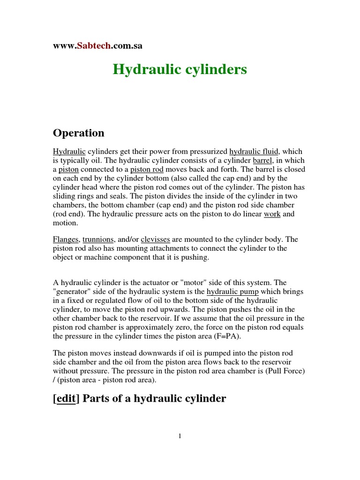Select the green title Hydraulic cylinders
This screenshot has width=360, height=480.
[x=180, y=70]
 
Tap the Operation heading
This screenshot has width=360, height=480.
[x=79, y=133]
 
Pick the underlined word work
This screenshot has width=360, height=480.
[x=272, y=214]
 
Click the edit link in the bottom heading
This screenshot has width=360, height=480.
[x=66, y=399]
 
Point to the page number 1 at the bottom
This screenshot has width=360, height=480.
[x=180, y=436]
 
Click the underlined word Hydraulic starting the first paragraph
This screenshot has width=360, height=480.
[x=69, y=152]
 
